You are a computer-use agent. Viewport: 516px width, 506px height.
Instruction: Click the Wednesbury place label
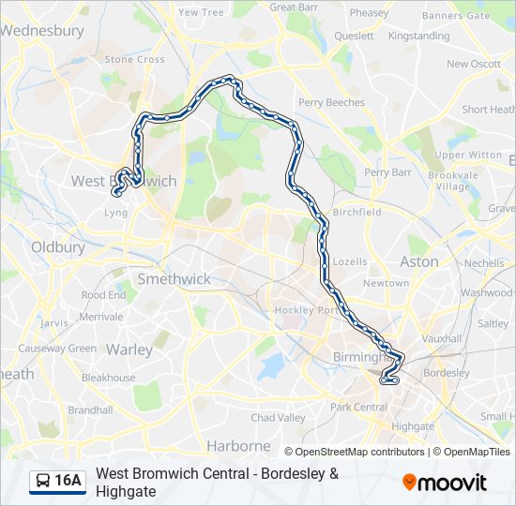coord(42,30)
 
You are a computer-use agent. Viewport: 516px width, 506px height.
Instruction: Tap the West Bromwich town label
coord(123,181)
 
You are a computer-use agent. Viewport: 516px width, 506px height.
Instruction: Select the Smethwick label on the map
coord(174,278)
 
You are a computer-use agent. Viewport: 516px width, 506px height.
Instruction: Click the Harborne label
coord(238,446)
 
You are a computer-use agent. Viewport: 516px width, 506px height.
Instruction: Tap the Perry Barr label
coord(387,172)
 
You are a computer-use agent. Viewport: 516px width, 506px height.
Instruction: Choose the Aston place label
coord(418,261)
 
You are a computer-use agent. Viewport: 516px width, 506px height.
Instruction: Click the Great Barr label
coord(295,7)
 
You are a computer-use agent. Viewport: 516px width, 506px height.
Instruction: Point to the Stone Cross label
coord(134,59)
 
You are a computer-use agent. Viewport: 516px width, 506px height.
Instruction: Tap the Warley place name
coord(129,350)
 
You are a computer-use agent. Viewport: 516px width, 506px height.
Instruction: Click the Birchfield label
coord(357,212)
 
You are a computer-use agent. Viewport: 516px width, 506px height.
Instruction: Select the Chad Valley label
coord(278,417)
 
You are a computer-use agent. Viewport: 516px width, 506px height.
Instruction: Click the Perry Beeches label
coord(331,102)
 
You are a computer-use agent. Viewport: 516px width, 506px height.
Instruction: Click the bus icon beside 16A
coord(42,482)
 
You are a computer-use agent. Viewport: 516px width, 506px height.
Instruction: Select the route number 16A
coord(68,482)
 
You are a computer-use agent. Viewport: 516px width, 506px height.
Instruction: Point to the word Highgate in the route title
coord(126,491)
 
